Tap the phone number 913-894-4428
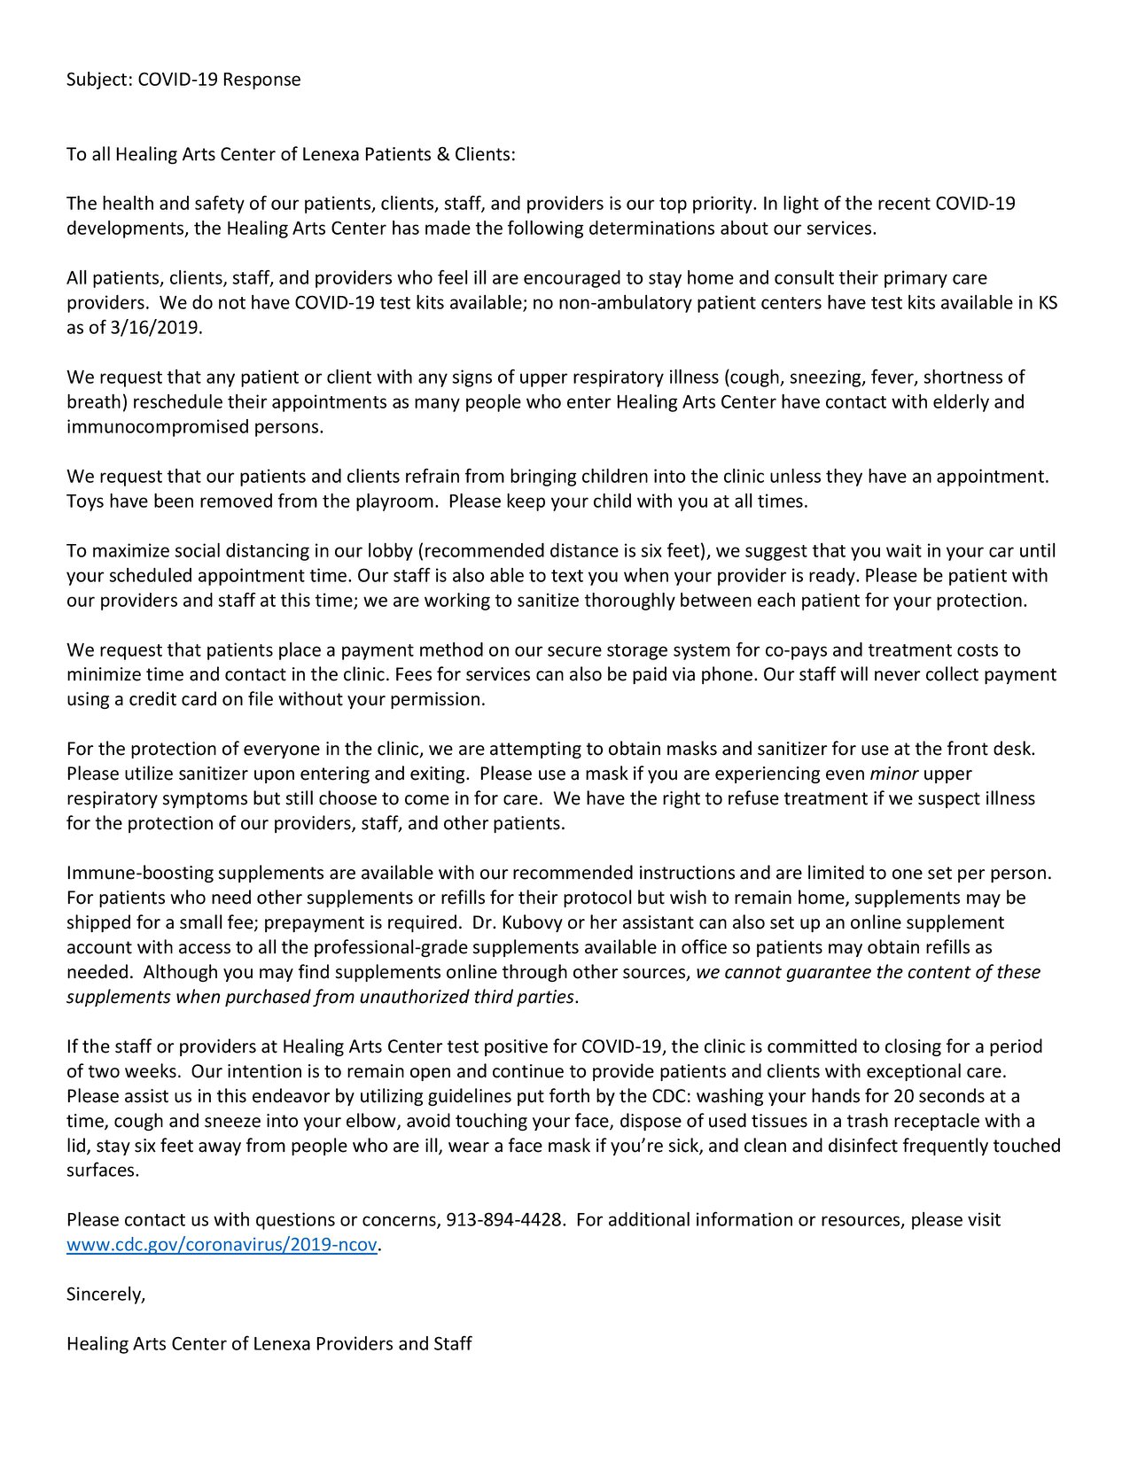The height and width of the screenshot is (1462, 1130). tap(503, 1220)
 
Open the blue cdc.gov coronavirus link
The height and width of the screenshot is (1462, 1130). tap(222, 1245)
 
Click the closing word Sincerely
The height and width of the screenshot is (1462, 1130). tap(105, 1295)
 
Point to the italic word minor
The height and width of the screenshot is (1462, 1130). tap(893, 774)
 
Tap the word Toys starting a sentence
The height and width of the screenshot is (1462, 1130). tap(85, 502)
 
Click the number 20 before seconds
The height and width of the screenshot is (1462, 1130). tap(904, 1096)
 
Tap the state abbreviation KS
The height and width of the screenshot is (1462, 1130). tap(1048, 303)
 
